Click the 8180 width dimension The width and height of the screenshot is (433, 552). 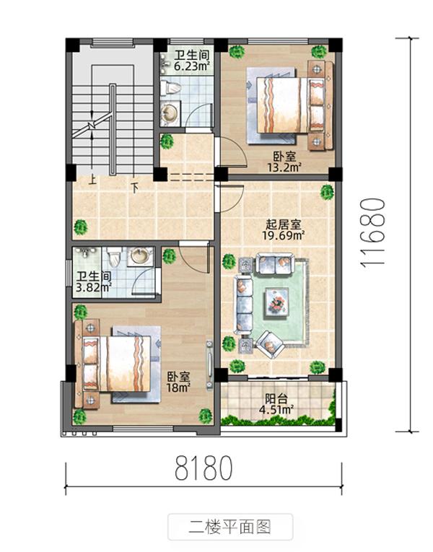coord(204,469)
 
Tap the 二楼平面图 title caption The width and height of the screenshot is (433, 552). coord(229,526)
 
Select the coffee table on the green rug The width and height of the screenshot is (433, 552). coord(276,301)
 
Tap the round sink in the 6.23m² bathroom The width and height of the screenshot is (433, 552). coord(170,114)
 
